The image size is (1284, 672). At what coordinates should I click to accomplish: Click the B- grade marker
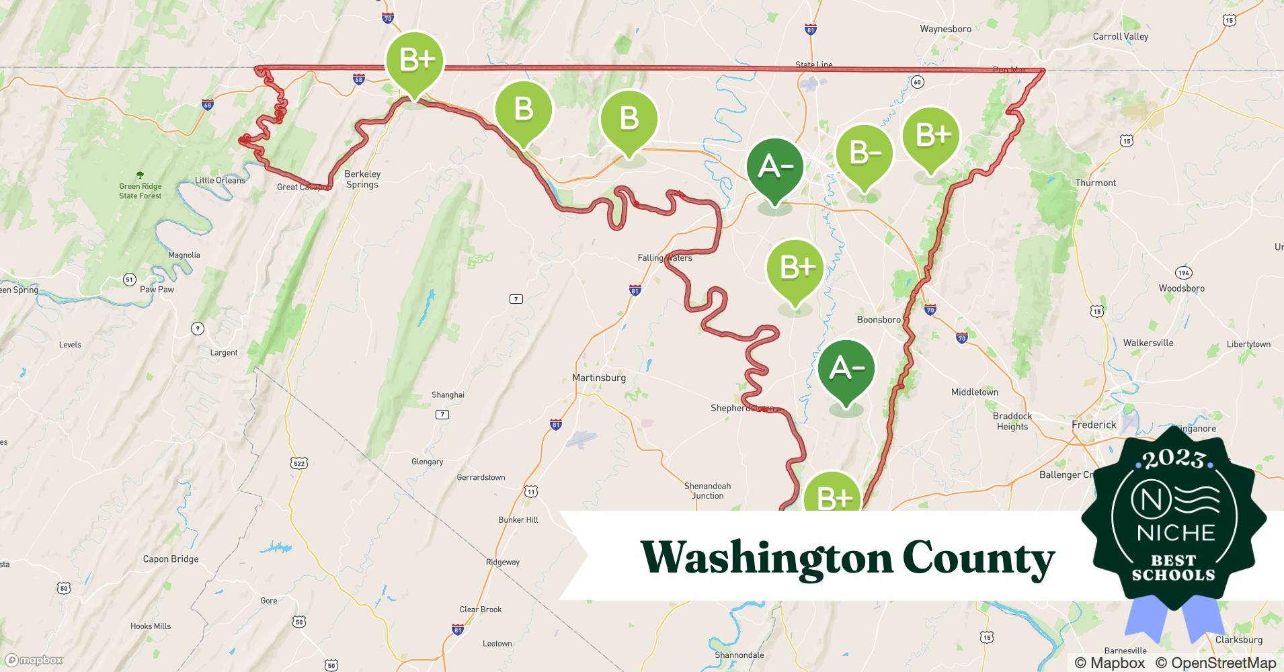[x=865, y=154]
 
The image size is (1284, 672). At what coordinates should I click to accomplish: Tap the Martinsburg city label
[x=598, y=378]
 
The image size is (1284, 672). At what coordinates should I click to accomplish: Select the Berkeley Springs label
[x=362, y=179]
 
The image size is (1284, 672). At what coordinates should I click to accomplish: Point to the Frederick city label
[x=1094, y=425]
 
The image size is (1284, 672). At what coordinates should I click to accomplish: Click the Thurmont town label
[x=1095, y=183]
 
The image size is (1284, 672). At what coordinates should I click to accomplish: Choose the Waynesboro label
[x=945, y=29]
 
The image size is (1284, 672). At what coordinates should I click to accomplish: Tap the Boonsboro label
[x=878, y=320]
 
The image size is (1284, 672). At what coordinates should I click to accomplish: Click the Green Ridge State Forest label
[x=141, y=191]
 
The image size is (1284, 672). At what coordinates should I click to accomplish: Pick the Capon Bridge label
[x=171, y=559]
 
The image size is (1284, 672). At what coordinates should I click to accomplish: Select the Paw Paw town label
[x=157, y=290]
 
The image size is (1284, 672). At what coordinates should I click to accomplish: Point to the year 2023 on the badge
[x=1174, y=460]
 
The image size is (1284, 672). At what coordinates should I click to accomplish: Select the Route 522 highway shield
[x=300, y=463]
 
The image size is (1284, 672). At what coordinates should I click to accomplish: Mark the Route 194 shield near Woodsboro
[x=1183, y=273]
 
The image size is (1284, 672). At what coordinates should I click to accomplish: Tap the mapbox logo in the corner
[x=34, y=660]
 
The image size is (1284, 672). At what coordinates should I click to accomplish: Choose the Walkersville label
[x=1148, y=343]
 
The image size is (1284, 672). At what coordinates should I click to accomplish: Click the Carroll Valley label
[x=1121, y=36]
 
